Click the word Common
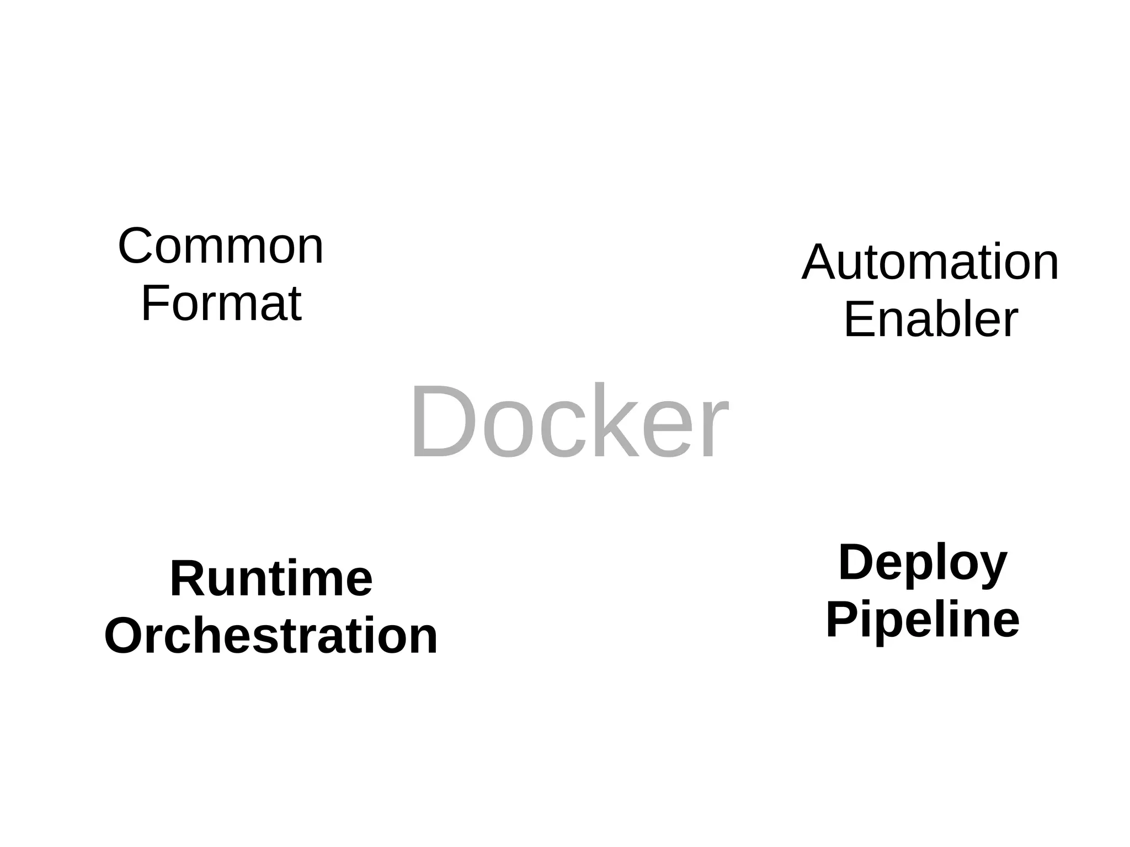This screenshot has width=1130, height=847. click(221, 247)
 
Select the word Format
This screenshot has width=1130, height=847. click(221, 303)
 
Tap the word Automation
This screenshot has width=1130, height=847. click(930, 263)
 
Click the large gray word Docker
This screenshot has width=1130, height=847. click(569, 422)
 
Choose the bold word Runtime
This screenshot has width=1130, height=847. click(271, 579)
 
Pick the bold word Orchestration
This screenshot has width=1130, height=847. click(271, 636)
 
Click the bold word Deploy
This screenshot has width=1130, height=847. click(923, 563)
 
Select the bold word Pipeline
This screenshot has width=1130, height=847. click(923, 620)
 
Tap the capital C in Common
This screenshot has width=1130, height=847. click(136, 247)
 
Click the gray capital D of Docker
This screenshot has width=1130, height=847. click(441, 422)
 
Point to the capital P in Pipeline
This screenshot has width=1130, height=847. click(842, 620)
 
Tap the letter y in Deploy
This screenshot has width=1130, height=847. click(991, 568)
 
